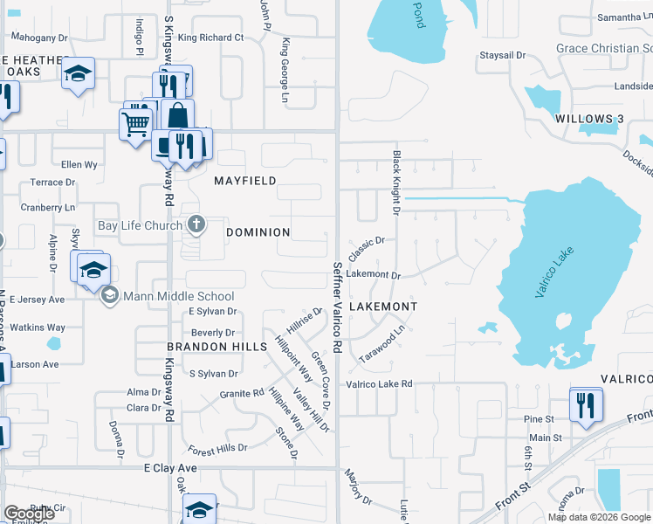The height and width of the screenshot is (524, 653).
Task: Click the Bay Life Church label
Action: click(x=140, y=225)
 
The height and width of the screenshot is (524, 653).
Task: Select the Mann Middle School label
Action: click(x=179, y=296)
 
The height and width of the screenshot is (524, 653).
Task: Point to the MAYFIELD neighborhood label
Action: click(x=245, y=181)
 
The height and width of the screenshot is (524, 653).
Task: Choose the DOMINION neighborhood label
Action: click(x=258, y=232)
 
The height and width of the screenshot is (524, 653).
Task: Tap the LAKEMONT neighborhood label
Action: click(x=382, y=307)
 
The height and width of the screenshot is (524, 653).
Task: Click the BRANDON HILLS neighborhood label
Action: click(x=217, y=347)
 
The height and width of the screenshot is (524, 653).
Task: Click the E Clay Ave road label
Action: click(x=170, y=469)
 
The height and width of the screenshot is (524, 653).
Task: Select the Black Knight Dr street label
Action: click(x=395, y=183)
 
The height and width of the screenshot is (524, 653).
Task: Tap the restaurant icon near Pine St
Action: click(x=584, y=403)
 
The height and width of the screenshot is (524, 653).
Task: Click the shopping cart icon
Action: click(x=134, y=123)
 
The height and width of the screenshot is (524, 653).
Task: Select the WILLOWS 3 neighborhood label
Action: click(x=588, y=119)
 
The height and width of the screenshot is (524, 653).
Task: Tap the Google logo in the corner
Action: click(x=30, y=513)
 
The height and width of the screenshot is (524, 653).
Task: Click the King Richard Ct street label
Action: click(x=210, y=38)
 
